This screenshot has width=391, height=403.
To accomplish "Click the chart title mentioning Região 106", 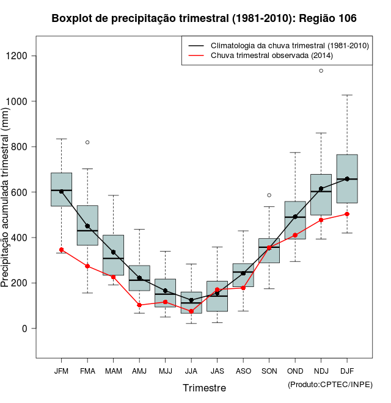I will coord(204,19).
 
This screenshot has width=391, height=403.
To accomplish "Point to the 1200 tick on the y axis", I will coord(25,56).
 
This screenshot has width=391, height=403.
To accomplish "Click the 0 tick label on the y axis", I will coord(25,329).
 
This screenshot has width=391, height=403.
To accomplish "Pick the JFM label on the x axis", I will coord(61,371).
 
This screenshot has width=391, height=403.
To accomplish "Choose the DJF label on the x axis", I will coord(347,371).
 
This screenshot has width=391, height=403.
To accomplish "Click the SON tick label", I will coord(269,371).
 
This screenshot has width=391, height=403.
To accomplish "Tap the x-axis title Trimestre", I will coord(204,388).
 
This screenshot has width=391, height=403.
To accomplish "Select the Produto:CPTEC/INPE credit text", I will coord(330,384).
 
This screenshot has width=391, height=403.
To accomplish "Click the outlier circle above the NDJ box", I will coord(321,71).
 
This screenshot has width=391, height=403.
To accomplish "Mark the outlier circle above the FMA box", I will coord(87,142).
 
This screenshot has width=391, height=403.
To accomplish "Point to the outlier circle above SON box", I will coord(269,195).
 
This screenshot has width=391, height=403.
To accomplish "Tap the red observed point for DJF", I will coord(347,214).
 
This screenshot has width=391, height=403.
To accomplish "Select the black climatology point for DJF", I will coord(347,179).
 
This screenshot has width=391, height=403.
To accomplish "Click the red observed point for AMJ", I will coord(139,305).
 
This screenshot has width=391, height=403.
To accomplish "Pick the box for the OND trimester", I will coord(295,220).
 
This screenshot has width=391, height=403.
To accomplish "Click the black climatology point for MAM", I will coord(113,252).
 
